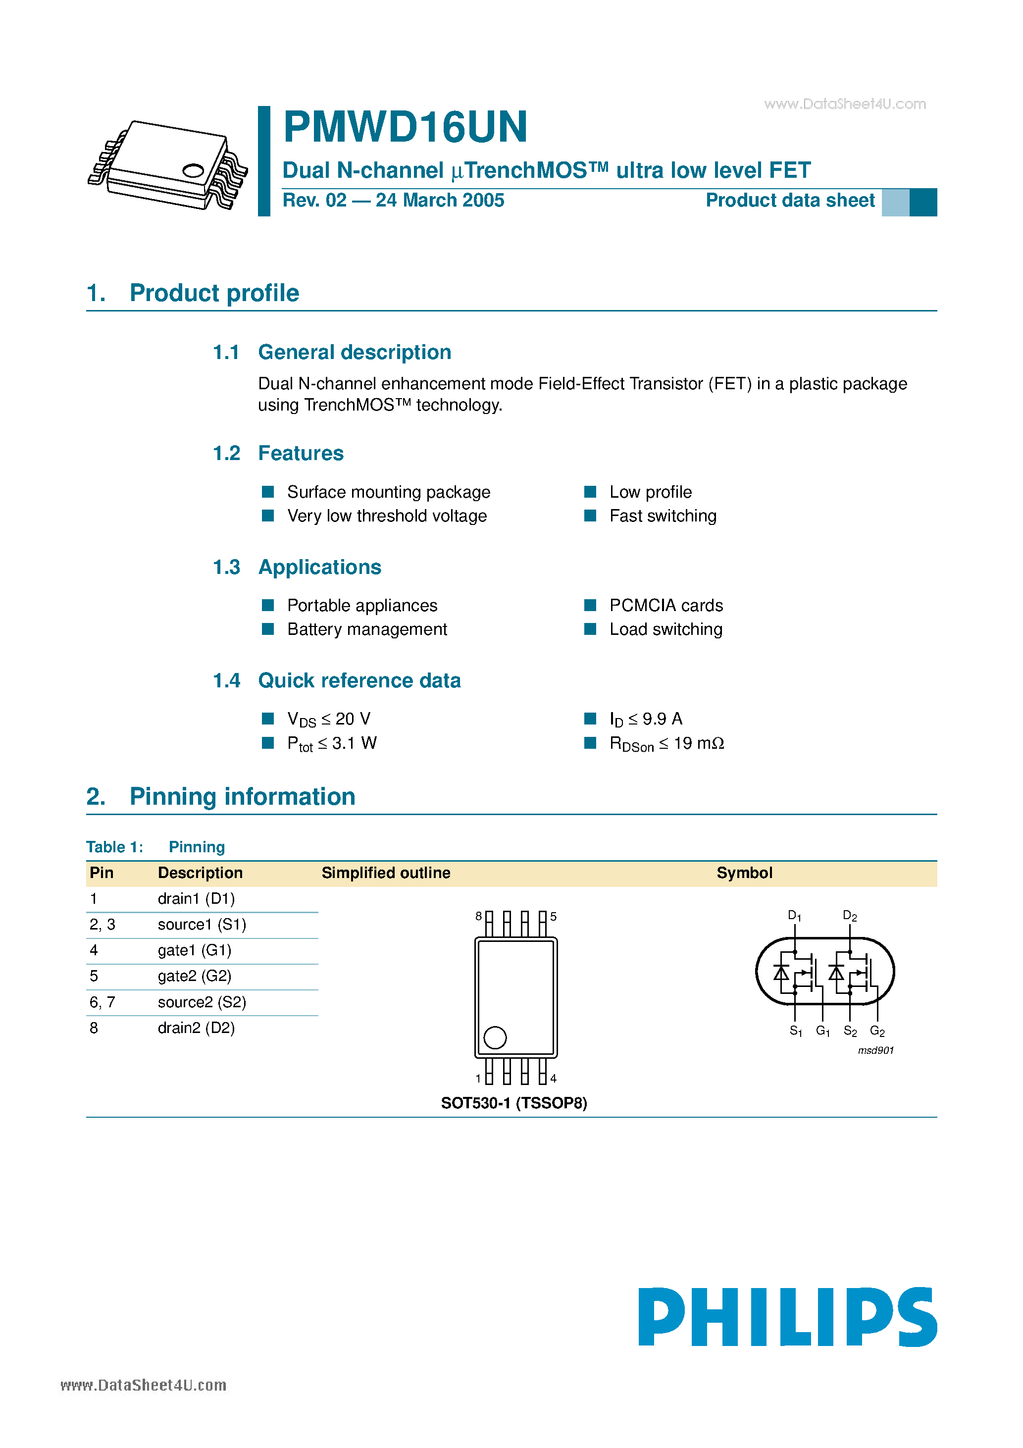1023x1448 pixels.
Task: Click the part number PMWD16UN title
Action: (x=405, y=127)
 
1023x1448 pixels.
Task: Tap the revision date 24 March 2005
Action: (x=440, y=201)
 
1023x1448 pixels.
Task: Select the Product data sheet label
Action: (x=790, y=201)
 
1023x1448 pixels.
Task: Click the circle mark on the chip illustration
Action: (x=193, y=170)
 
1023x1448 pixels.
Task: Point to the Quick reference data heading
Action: (x=359, y=680)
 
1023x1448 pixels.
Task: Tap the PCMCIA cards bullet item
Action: (x=665, y=606)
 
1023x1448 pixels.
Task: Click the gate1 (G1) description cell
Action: (x=194, y=950)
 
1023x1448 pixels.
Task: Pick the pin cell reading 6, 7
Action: (x=102, y=1002)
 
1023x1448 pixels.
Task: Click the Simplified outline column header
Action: (x=385, y=873)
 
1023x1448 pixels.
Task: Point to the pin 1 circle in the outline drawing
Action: (x=495, y=1037)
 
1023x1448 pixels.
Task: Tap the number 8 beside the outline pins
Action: (x=479, y=916)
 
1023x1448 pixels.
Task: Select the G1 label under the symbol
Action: (x=822, y=1031)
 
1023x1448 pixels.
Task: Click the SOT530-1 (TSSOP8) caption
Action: (x=513, y=1103)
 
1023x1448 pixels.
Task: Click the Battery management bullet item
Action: (x=366, y=629)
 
